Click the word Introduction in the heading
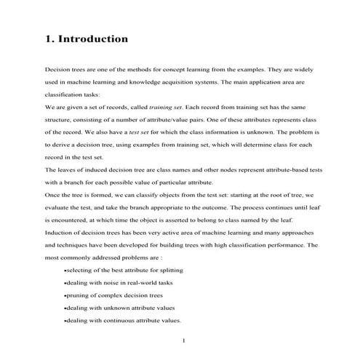coord(94,38)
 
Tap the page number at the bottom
coord(184,340)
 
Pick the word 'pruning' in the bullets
coord(79,295)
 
